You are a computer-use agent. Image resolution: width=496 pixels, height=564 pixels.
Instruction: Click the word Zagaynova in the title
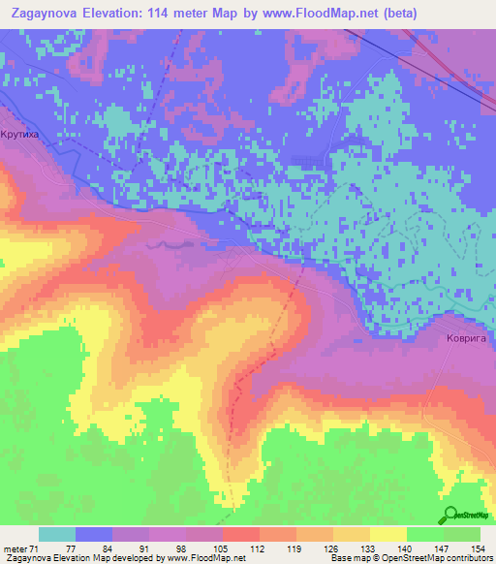click(x=45, y=12)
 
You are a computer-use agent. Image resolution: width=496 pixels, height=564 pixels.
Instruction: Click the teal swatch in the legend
click(x=57, y=534)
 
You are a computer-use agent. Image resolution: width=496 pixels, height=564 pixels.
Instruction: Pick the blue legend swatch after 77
click(x=94, y=534)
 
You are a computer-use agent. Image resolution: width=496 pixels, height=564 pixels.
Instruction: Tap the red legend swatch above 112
click(x=241, y=534)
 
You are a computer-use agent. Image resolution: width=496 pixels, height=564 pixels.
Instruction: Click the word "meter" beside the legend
click(x=15, y=548)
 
